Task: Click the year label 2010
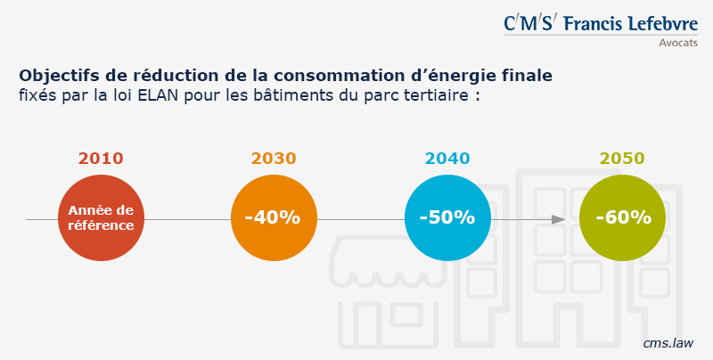click(x=101, y=159)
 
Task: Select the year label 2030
click(x=274, y=159)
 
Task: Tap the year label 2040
click(x=447, y=159)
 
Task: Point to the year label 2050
click(x=622, y=159)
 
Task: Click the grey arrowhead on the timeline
click(x=559, y=219)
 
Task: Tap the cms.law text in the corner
click(x=668, y=342)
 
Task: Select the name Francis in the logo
click(x=592, y=23)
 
